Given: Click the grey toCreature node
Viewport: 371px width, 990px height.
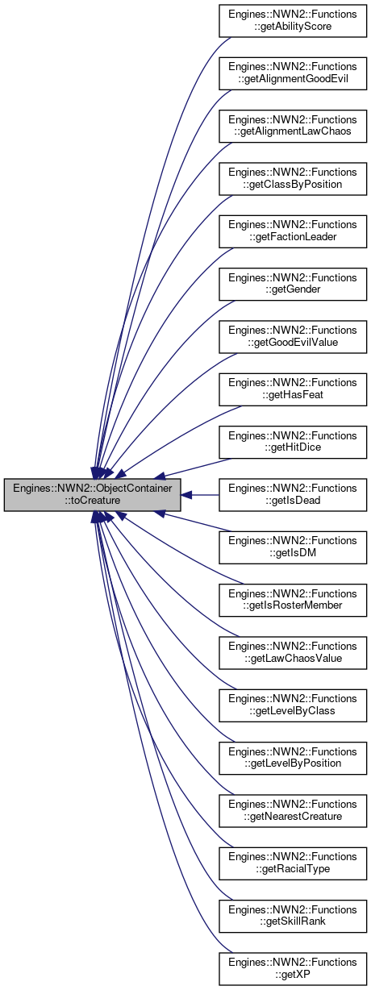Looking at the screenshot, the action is click(92, 494).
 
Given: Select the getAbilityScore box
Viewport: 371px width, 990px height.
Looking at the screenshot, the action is click(293, 20).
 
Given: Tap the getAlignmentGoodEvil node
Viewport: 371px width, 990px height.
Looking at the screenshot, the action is click(293, 73).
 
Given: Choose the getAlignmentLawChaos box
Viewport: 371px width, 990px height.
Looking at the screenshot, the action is click(293, 126).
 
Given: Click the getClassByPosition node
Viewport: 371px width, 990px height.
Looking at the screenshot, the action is click(293, 178).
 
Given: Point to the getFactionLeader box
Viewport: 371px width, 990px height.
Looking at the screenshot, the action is click(293, 231).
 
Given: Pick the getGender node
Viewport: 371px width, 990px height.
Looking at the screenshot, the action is click(293, 284).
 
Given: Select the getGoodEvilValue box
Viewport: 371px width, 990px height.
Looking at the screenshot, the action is click(293, 337).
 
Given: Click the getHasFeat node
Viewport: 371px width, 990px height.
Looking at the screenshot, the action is click(293, 389).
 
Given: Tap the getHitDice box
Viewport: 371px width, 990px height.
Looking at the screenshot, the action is click(293, 442).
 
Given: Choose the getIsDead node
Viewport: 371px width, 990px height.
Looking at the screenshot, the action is click(293, 494).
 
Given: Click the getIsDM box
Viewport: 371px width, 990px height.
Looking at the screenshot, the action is click(293, 547).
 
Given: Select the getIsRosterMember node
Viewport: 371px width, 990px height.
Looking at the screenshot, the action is click(293, 600).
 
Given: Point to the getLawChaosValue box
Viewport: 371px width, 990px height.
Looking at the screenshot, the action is click(293, 653).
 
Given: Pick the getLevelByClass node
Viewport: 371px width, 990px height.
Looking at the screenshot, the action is click(293, 705).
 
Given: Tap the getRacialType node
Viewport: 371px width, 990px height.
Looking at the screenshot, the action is click(293, 863).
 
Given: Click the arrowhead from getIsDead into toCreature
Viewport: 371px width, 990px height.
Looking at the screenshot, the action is click(186, 494).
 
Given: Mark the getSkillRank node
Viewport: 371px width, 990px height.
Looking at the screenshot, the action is click(293, 916).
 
